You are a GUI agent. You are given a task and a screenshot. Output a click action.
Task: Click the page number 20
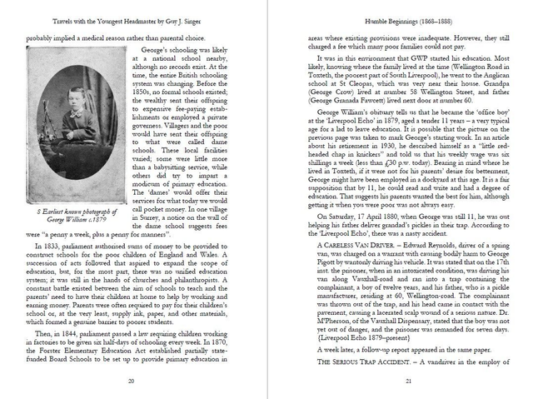132,381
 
